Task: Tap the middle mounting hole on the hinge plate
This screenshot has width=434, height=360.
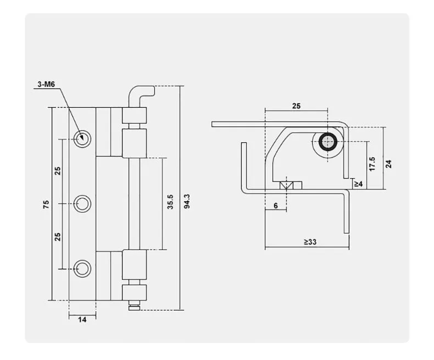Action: coord(83,204)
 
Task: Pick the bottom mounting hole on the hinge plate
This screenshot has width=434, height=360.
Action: coord(83,269)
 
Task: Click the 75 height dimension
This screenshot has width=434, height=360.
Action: coord(47,203)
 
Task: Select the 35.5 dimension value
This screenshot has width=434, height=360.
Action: coord(170,202)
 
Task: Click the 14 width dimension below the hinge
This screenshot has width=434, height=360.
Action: coord(82,320)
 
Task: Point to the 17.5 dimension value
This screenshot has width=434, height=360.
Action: coord(372,164)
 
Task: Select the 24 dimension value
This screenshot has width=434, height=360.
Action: coord(388,163)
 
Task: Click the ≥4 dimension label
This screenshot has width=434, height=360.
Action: coord(358,184)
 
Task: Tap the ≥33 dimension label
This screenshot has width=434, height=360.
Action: coord(309,241)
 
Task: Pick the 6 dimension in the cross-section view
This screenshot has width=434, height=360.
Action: coord(275,205)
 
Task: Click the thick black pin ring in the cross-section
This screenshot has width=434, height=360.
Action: coord(328,141)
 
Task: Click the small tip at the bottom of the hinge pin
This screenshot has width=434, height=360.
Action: coord(133,306)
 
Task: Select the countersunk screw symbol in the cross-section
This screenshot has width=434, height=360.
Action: coord(287,186)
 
